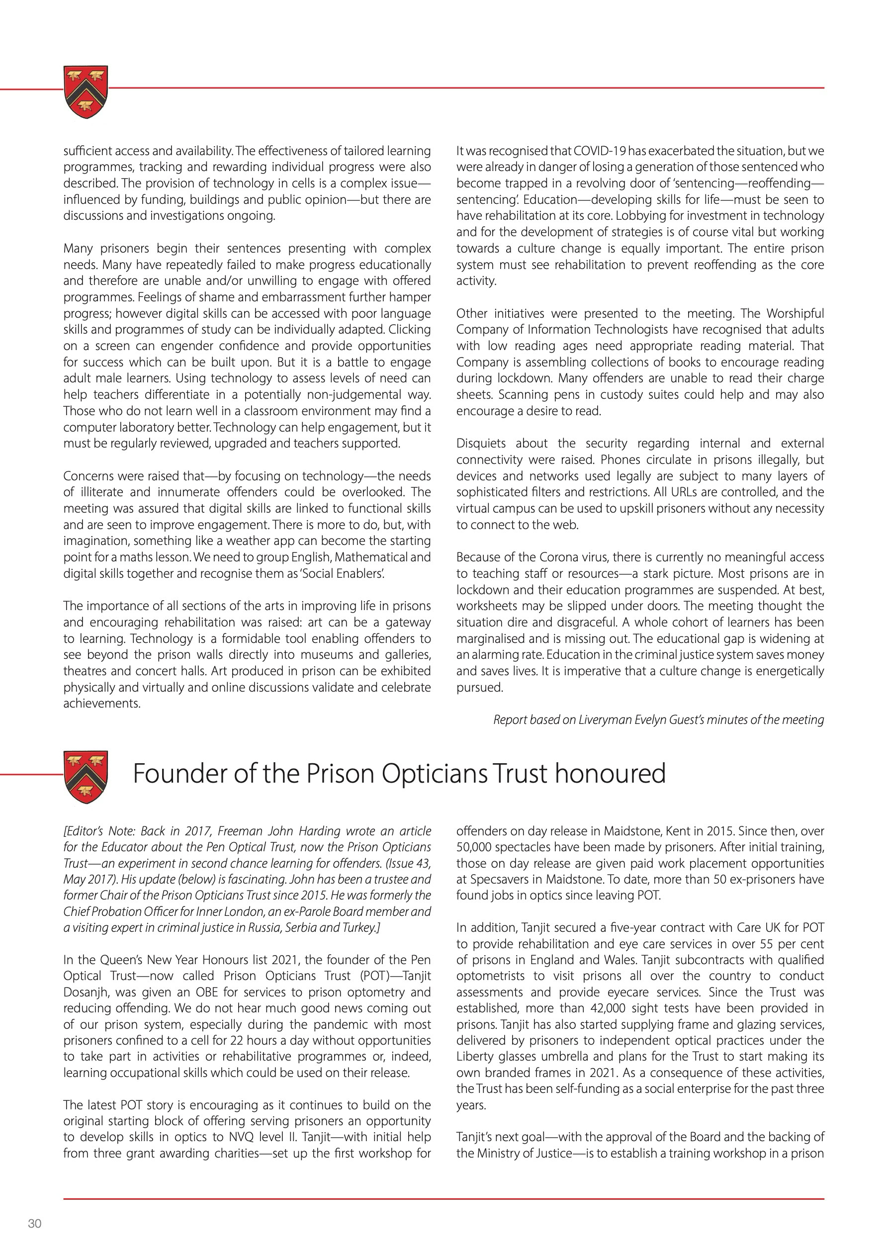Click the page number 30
34,1223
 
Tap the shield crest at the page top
86,91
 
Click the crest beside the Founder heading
86,776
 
